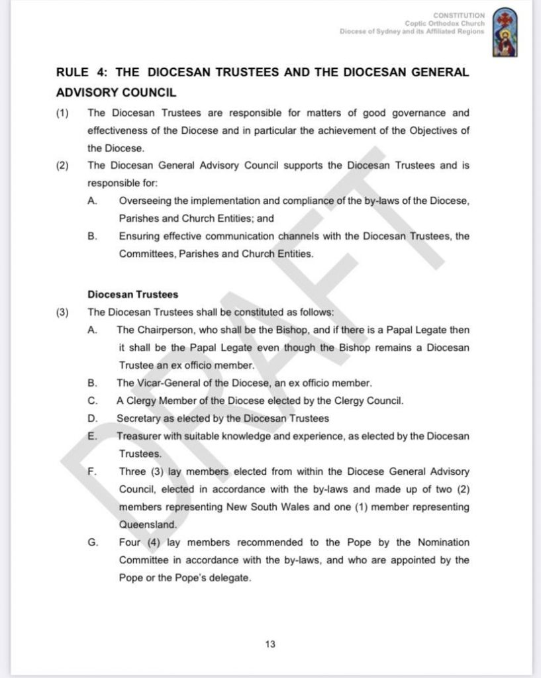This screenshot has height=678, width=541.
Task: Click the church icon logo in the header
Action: click(x=507, y=32)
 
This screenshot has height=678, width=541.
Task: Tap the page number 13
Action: click(x=270, y=644)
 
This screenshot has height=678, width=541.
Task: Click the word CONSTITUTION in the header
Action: click(x=459, y=15)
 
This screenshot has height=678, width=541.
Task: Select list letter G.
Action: click(x=93, y=542)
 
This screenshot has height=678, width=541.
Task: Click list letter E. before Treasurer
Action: click(x=92, y=436)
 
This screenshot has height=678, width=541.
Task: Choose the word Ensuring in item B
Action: click(x=140, y=236)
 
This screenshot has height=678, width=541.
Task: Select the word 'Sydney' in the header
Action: click(x=391, y=31)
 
